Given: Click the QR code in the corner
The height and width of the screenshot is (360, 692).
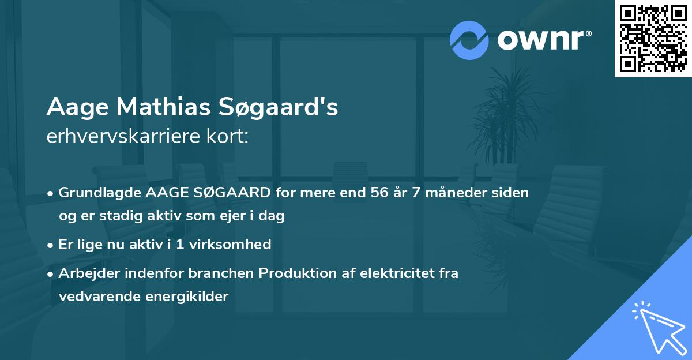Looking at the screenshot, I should (x=653, y=38).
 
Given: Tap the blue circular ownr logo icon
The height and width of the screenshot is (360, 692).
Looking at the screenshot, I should (x=469, y=40).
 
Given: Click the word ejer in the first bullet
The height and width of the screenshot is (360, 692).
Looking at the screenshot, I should (x=227, y=216).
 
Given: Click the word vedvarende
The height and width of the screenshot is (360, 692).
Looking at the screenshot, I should (x=95, y=297).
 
